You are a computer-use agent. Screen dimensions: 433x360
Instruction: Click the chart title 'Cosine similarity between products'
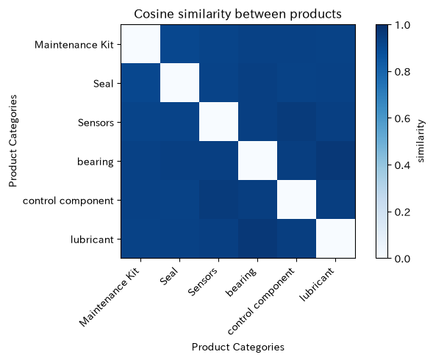point(237,14)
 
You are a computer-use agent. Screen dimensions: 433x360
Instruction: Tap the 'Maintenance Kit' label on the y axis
point(74,45)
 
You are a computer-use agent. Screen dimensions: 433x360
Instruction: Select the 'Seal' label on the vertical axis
point(103,83)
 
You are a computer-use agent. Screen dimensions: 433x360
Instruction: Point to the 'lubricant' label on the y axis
point(92,240)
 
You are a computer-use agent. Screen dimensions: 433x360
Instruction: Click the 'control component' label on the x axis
point(262,301)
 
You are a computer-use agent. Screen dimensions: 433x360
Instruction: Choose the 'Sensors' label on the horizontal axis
point(203,281)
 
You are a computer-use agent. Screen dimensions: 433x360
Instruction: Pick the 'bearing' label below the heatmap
point(242,282)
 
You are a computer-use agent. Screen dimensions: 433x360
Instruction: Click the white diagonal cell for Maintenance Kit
point(140,44)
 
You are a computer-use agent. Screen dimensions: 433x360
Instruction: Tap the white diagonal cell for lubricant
point(335,239)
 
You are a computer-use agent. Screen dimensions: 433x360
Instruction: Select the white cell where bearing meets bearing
point(257,161)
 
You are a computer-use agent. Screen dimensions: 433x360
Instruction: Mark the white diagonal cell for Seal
point(179,83)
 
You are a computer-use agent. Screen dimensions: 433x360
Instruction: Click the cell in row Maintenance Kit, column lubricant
point(335,44)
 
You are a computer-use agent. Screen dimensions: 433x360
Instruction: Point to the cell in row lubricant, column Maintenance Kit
point(140,239)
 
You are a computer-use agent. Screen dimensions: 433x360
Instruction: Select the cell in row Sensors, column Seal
point(179,122)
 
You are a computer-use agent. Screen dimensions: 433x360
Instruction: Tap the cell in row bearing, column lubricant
point(335,161)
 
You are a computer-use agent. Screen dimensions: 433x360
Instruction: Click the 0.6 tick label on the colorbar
point(402,118)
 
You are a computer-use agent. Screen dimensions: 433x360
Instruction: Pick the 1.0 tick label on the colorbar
point(402,25)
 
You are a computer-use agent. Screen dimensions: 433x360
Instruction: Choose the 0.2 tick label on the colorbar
point(402,212)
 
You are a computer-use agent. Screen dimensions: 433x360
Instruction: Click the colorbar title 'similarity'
point(420,141)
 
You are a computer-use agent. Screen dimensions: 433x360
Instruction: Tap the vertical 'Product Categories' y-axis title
point(13,141)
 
